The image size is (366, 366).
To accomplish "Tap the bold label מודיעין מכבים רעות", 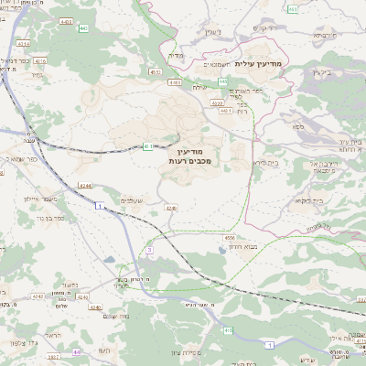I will point(191,155).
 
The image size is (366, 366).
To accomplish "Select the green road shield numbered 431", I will point(146,146).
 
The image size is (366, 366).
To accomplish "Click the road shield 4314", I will point(23,43).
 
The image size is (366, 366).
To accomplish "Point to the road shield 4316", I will point(40,60).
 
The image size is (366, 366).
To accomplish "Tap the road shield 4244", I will point(85,185).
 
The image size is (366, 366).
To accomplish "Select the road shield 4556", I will point(229,240).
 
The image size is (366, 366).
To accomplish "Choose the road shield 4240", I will point(95,307).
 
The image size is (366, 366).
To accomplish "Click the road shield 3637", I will point(54,357).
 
